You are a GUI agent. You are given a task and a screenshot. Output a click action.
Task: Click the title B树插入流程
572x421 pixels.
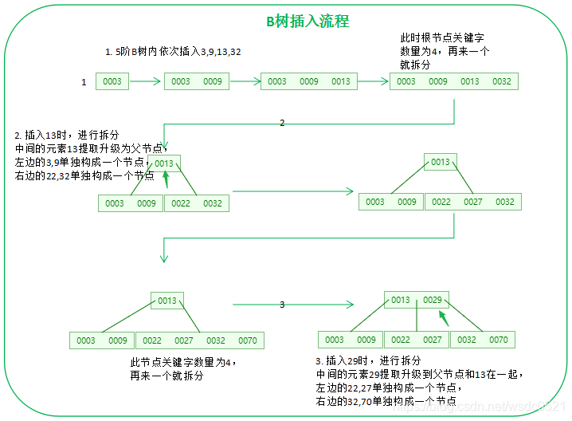click(307, 22)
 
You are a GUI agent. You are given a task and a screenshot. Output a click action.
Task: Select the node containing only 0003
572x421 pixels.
click(112, 81)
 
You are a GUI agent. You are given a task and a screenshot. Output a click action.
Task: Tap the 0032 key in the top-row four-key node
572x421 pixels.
click(501, 81)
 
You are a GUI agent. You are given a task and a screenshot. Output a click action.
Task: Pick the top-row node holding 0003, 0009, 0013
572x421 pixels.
click(308, 81)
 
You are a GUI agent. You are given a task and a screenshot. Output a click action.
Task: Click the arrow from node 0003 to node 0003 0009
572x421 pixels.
click(146, 81)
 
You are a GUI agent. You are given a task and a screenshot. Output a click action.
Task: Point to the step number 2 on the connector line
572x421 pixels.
click(281, 124)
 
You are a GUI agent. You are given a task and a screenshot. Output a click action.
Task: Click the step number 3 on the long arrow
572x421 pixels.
click(281, 305)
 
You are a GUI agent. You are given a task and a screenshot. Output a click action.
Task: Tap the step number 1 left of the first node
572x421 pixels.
click(84, 82)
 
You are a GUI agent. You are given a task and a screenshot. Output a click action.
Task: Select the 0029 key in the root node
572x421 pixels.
click(432, 300)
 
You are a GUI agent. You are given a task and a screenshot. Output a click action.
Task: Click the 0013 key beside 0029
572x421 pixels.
click(401, 300)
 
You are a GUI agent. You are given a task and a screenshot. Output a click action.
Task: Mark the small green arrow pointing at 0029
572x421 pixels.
click(442, 317)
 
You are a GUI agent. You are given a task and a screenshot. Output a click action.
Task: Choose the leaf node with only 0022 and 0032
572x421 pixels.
click(196, 203)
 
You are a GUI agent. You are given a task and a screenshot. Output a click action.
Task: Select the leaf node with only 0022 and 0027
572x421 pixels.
click(416, 340)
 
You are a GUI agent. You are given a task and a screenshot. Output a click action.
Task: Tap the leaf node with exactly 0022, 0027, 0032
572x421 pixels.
click(472, 202)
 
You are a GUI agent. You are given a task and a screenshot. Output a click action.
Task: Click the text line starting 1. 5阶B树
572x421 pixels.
click(173, 52)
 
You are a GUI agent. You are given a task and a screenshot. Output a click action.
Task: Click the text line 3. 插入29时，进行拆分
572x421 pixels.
click(368, 360)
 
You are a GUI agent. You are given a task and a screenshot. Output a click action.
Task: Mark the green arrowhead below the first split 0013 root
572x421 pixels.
click(166, 180)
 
